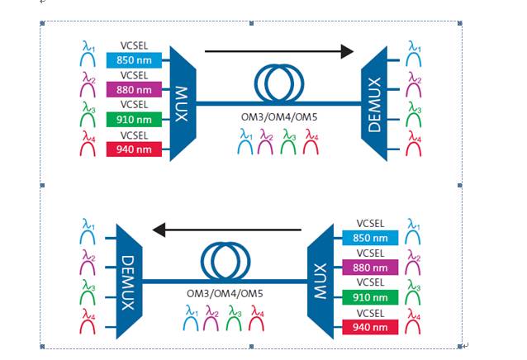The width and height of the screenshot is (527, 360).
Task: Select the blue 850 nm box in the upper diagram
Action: coord(135,60)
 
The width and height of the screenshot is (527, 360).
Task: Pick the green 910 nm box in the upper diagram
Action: coord(135,120)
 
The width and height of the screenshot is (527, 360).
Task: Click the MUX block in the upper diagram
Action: coord(182,103)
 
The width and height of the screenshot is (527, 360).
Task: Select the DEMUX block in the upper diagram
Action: coord(375,103)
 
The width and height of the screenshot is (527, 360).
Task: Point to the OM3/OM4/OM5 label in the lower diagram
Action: coord(225,295)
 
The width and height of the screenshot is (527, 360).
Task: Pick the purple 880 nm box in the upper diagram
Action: coord(135,90)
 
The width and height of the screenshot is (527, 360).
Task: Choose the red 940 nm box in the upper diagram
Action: coord(135,149)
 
